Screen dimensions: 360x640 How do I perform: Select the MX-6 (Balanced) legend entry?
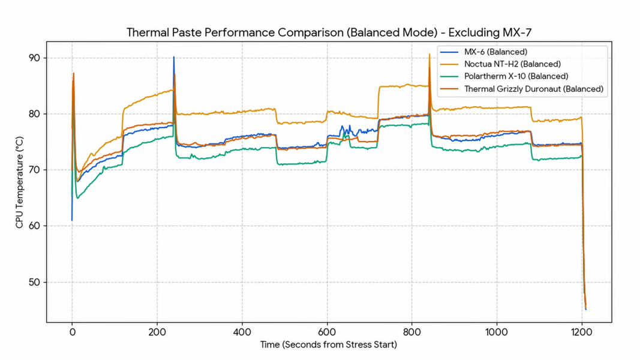point(495,52)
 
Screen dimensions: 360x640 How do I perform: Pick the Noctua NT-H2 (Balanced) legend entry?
point(512,64)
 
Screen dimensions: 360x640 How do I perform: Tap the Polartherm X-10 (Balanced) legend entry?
point(516,76)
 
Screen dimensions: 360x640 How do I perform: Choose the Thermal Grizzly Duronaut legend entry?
point(533,89)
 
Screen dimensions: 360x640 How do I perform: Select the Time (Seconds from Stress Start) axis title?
point(328,345)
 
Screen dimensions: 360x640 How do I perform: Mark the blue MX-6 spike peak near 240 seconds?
point(174,58)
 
